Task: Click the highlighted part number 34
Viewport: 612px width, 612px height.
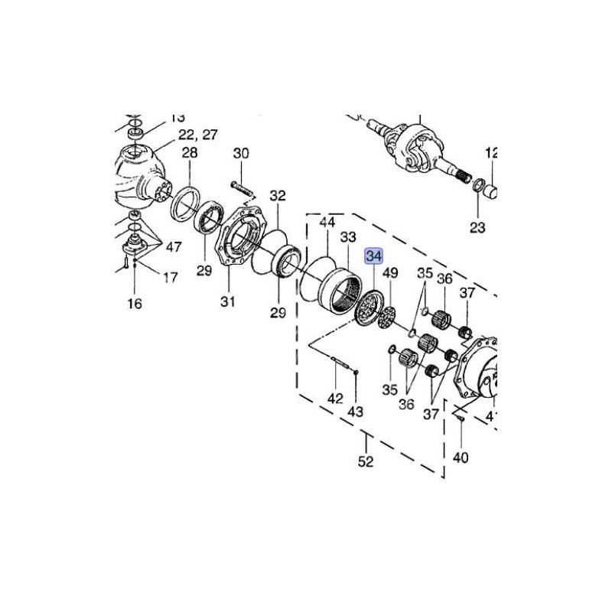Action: pos(373,256)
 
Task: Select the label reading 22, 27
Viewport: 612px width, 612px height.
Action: pos(198,135)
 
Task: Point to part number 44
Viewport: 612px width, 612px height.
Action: pos(327,222)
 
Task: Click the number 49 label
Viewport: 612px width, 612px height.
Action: pos(391,273)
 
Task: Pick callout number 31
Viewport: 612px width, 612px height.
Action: pos(226,302)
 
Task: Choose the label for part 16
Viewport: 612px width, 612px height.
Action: pos(135,304)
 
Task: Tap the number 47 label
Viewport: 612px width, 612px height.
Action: pos(173,246)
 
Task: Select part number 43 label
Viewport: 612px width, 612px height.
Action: pos(355,412)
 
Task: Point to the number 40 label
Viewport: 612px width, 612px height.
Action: pos(461,458)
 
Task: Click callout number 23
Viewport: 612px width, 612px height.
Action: pos(477,227)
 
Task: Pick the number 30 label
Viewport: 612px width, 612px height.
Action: pos(241,153)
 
